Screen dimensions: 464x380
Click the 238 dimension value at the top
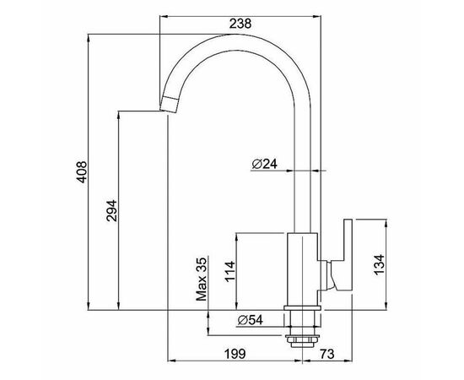(240, 24)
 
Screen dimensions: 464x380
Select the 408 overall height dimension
(81, 171)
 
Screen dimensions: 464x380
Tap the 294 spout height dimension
(112, 211)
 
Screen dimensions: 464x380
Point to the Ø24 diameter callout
(265, 164)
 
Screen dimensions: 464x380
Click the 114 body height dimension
(230, 272)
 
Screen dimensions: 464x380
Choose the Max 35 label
(202, 280)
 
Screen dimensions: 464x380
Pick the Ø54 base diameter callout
(250, 320)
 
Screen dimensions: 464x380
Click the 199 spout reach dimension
(235, 354)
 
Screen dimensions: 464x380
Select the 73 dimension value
(327, 354)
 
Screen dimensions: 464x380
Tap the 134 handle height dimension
(379, 265)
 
